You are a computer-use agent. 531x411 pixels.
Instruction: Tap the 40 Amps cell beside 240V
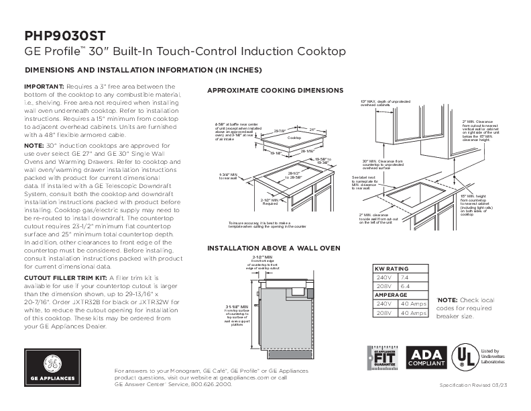click(x=412, y=303)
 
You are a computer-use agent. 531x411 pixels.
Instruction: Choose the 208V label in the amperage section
click(x=383, y=312)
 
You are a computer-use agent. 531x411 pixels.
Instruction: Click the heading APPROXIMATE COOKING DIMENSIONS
click(x=275, y=90)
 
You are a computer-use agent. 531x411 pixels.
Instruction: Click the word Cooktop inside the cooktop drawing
click(x=295, y=137)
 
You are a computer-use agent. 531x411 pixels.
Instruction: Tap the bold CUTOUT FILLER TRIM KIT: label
click(x=65, y=276)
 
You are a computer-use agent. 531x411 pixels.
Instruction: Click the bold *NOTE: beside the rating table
click(x=447, y=299)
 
